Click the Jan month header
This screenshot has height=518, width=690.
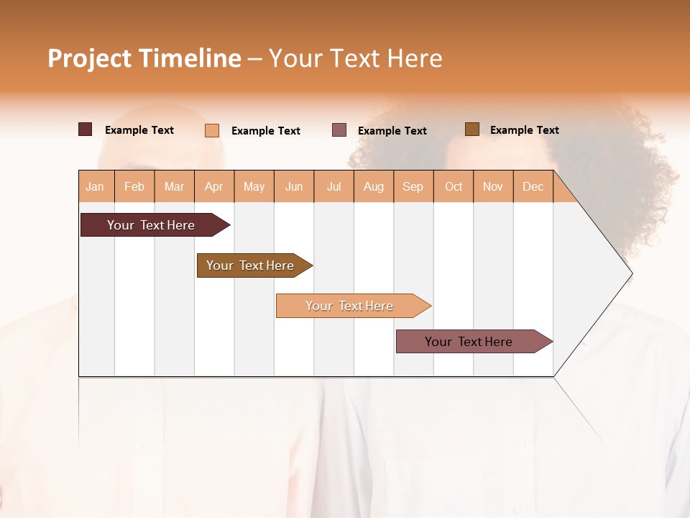95,186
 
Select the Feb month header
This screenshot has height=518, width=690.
134,186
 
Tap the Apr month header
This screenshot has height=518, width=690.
213,186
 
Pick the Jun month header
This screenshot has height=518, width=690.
294,186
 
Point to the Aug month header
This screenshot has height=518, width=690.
373,186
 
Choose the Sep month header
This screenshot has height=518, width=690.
413,186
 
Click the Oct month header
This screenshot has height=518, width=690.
454,186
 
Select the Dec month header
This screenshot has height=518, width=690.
533,186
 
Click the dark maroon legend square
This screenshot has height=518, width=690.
86,129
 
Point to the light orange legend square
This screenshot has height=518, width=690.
212,130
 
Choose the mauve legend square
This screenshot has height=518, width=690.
339,130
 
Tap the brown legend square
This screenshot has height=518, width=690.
471,129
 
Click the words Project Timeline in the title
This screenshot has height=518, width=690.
144,58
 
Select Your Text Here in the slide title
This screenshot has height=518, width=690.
355,58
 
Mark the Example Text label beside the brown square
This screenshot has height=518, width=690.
524,130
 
